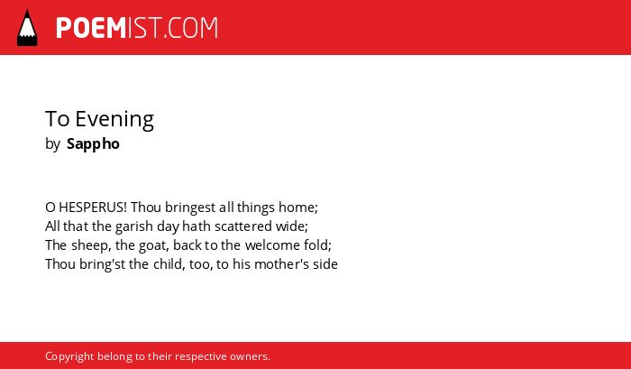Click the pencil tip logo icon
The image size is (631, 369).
pos(27,28)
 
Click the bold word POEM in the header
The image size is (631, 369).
pos(91,28)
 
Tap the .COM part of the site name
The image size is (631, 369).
pos(191,28)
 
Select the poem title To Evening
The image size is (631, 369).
pos(99,119)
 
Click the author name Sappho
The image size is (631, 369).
pos(93,144)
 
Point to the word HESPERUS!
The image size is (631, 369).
pos(93,208)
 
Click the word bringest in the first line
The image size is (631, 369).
pos(190,208)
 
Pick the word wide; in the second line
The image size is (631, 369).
pos(292,226)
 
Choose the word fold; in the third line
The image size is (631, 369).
pos(317,245)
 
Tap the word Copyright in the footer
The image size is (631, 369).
pos(69,357)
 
